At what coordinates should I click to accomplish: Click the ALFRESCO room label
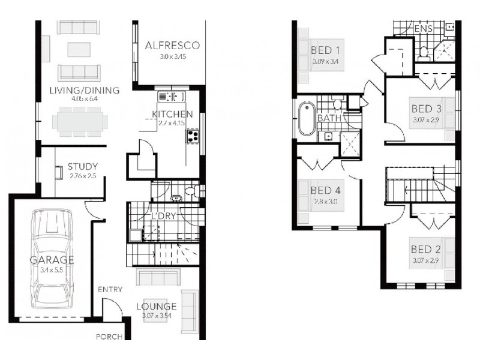click(x=172, y=46)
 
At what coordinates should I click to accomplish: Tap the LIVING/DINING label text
click(x=84, y=91)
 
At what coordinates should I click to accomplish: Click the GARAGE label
click(x=52, y=260)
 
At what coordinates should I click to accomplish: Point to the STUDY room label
click(x=83, y=167)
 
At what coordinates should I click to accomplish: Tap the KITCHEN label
click(x=172, y=114)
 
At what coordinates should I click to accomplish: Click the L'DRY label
click(x=162, y=216)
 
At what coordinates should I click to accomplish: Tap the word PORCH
click(x=109, y=337)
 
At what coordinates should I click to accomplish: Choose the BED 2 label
click(x=427, y=249)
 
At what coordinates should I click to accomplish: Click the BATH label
click(x=329, y=118)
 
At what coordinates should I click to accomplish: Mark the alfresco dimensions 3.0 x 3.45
click(x=172, y=57)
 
